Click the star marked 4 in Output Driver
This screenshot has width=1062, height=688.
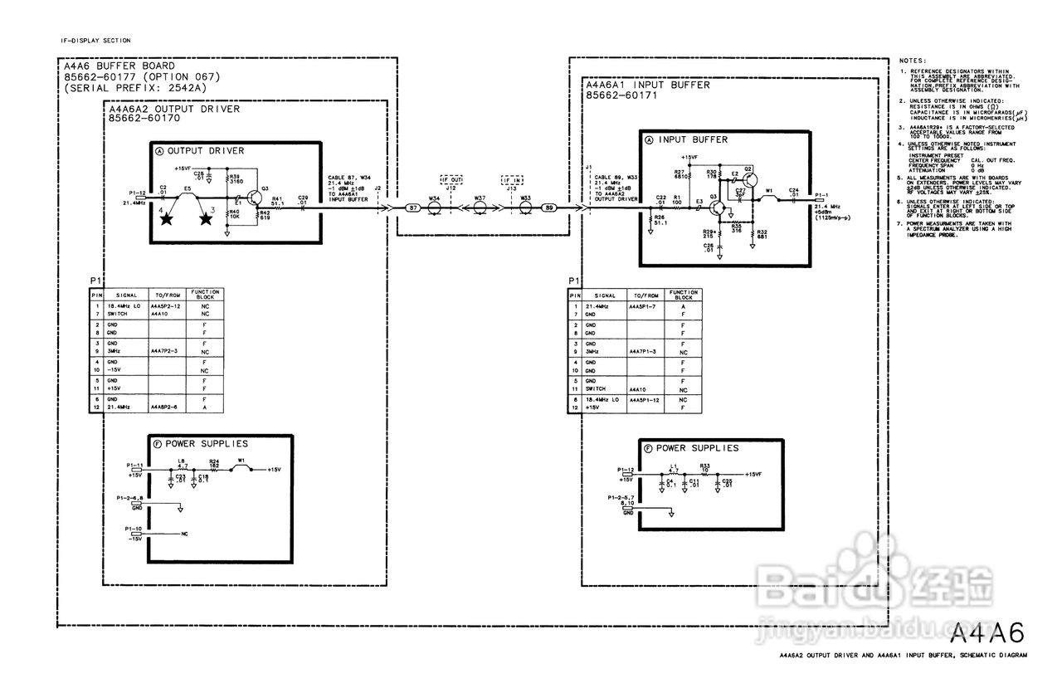pos(167,219)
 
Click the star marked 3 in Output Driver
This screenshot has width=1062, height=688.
pos(205,219)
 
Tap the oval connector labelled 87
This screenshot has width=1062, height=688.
pos(412,207)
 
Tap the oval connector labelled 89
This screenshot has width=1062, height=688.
pos(547,207)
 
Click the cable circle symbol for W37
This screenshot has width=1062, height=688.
pos(480,207)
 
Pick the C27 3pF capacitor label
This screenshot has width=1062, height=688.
pos(741,193)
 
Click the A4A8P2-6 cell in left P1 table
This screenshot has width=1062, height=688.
pos(165,407)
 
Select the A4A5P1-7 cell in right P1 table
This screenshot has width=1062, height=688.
pos(644,307)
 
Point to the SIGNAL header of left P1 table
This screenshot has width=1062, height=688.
pos(125,295)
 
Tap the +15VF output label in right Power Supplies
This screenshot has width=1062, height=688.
pos(753,474)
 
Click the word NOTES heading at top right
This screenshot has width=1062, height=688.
pos(914,61)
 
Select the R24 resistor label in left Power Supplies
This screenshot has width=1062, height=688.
pos(214,461)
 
